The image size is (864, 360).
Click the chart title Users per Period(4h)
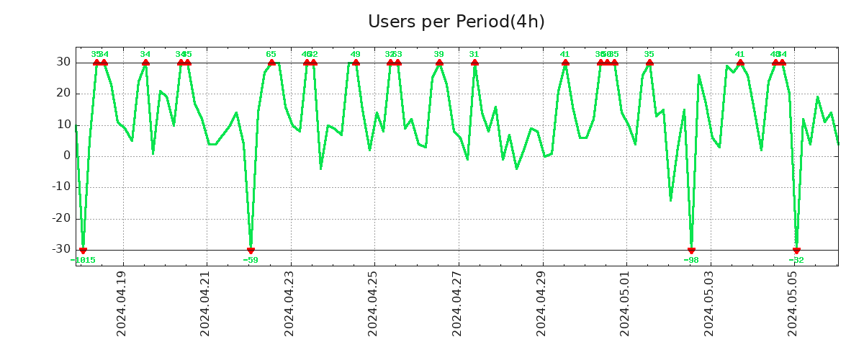click(x=456, y=22)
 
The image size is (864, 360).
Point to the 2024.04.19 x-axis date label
click(x=122, y=303)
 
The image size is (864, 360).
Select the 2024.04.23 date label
click(x=289, y=303)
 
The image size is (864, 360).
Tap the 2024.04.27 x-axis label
click(x=457, y=303)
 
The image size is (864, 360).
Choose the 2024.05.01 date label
click(x=625, y=303)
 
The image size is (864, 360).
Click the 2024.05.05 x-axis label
click(x=793, y=303)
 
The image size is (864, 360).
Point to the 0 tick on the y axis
click(x=67, y=156)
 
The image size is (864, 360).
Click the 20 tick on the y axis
click(x=63, y=94)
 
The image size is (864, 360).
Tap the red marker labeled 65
click(x=271, y=63)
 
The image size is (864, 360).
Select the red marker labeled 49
click(x=356, y=63)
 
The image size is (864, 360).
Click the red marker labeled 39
click(x=439, y=63)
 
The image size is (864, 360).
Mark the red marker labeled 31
click(x=474, y=63)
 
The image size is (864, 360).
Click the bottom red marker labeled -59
click(x=251, y=250)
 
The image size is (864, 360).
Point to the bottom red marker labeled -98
click(x=691, y=250)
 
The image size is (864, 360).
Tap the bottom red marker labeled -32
click(x=796, y=250)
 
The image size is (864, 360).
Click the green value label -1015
click(x=83, y=261)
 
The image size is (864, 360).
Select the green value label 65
click(x=271, y=54)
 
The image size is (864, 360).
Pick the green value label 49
click(x=356, y=54)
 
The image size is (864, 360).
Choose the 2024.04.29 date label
click(x=541, y=303)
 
